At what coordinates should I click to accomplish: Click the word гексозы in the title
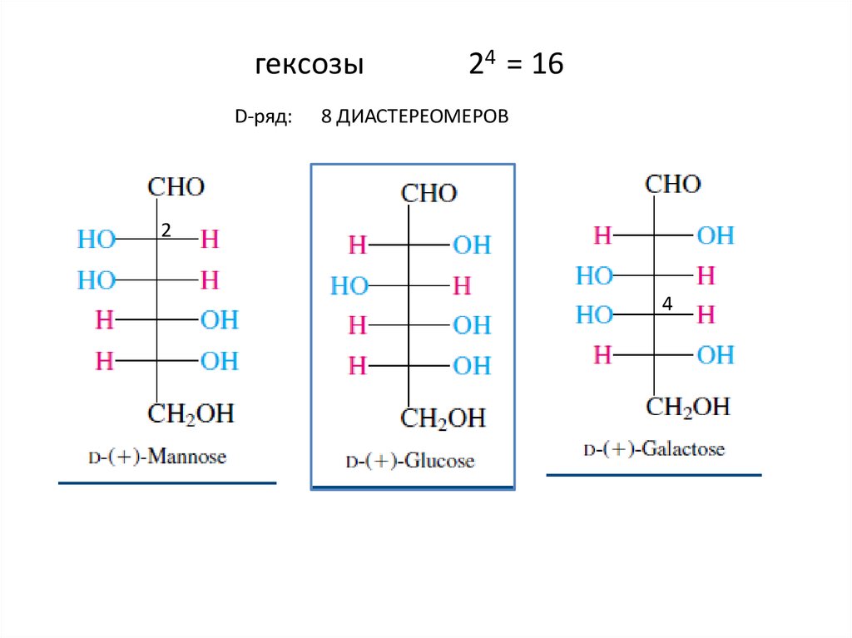tap(309, 66)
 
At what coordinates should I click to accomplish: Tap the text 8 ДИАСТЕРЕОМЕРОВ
tap(414, 119)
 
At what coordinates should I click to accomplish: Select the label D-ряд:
tap(263, 119)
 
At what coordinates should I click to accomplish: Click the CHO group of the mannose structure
tap(176, 186)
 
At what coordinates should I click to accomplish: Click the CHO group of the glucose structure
tap(429, 194)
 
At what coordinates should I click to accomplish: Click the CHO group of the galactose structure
tap(673, 184)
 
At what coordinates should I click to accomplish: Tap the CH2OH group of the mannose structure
tap(191, 413)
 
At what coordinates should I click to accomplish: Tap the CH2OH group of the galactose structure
tap(688, 407)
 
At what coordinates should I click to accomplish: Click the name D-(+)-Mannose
tap(157, 457)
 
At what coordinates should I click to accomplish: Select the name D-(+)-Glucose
tap(409, 461)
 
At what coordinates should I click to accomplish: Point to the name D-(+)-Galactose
tap(654, 450)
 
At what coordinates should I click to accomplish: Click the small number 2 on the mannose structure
tap(166, 230)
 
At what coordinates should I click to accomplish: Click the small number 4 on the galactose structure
tap(666, 305)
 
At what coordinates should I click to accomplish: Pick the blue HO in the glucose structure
tap(349, 286)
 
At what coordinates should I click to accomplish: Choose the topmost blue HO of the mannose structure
tap(97, 240)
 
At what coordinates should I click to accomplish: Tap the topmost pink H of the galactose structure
tap(602, 235)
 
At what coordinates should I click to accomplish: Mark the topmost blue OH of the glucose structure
tap(472, 245)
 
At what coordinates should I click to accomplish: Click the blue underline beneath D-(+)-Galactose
tap(653, 475)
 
